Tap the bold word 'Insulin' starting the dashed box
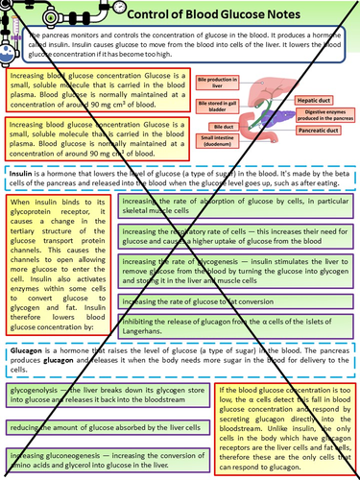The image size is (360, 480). tap(22, 172)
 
